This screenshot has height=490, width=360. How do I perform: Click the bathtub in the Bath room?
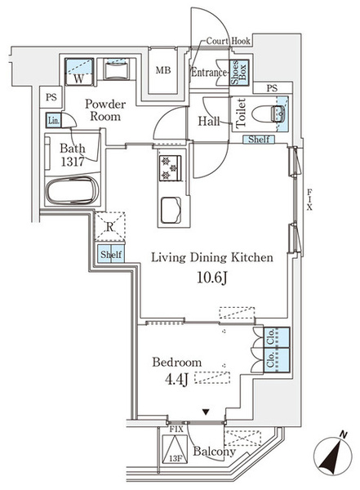pyautogui.click(x=73, y=190)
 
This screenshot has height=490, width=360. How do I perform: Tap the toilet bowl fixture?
pyautogui.click(x=269, y=114)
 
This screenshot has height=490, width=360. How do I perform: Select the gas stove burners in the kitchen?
pyautogui.click(x=171, y=167)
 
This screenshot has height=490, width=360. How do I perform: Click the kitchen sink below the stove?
pyautogui.click(x=171, y=211)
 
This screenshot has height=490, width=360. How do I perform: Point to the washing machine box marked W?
pyautogui.click(x=79, y=72)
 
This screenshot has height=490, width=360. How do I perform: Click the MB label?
pyautogui.click(x=163, y=70)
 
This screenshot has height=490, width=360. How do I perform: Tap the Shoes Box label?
pyautogui.click(x=238, y=73)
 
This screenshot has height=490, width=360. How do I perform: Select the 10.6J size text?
pyautogui.click(x=212, y=277)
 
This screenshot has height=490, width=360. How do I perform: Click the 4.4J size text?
pyautogui.click(x=177, y=379)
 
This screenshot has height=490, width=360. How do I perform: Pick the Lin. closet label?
pyautogui.click(x=53, y=120)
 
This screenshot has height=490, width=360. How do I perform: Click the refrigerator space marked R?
pyautogui.click(x=109, y=227)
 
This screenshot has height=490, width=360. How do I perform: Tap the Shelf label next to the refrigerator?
pyautogui.click(x=111, y=254)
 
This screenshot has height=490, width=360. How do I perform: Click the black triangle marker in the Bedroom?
pyautogui.click(x=205, y=412)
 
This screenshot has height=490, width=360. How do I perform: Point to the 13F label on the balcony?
pyautogui.click(x=176, y=459)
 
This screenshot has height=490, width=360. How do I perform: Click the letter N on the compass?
pyautogui.click(x=344, y=434)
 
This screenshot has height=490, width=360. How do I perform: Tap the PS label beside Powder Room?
pyautogui.click(x=51, y=97)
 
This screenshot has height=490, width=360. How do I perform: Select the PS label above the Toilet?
pyautogui.click(x=272, y=88)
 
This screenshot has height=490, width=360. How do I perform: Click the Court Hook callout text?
pyautogui.click(x=229, y=41)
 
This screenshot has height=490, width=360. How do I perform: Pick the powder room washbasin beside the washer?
pyautogui.click(x=116, y=69)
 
